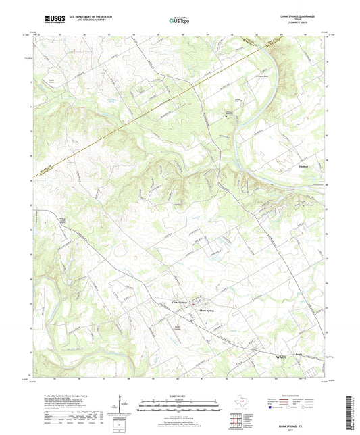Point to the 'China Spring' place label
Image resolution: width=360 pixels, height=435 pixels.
[x=211, y=311]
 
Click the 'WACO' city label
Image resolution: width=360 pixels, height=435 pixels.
[x=281, y=355]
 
